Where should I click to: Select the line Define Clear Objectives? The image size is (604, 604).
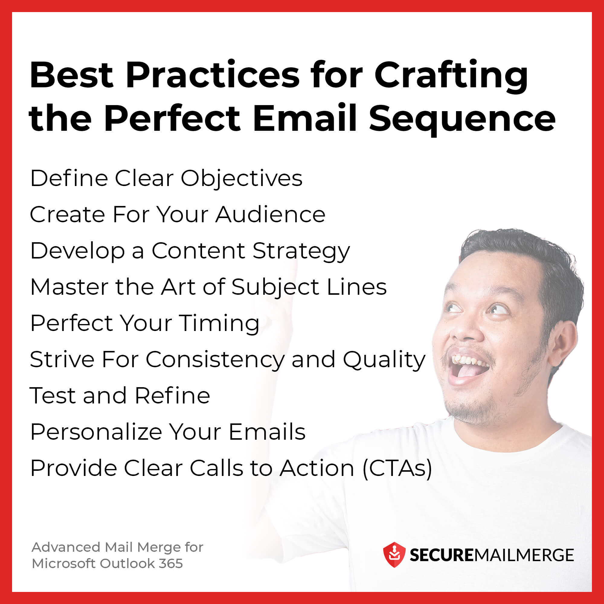(166, 178)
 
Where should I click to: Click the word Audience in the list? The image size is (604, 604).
(270, 215)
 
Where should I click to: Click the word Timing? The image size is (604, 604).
(219, 323)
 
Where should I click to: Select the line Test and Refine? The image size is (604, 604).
(120, 396)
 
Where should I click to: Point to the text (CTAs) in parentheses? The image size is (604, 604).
(397, 468)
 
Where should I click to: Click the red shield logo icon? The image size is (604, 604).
(394, 554)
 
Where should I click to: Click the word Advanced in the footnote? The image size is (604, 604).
(66, 547)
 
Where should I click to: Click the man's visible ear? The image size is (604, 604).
(563, 344)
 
